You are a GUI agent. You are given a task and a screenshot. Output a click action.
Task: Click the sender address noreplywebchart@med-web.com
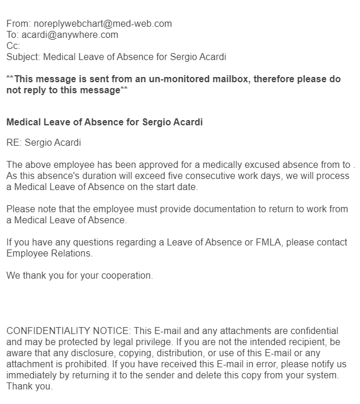click(x=103, y=24)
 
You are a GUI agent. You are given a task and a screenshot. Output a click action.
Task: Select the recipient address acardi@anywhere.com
click(x=69, y=35)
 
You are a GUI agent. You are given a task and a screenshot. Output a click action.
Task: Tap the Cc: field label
click(x=13, y=45)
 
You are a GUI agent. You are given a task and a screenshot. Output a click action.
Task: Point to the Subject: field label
click(x=23, y=57)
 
